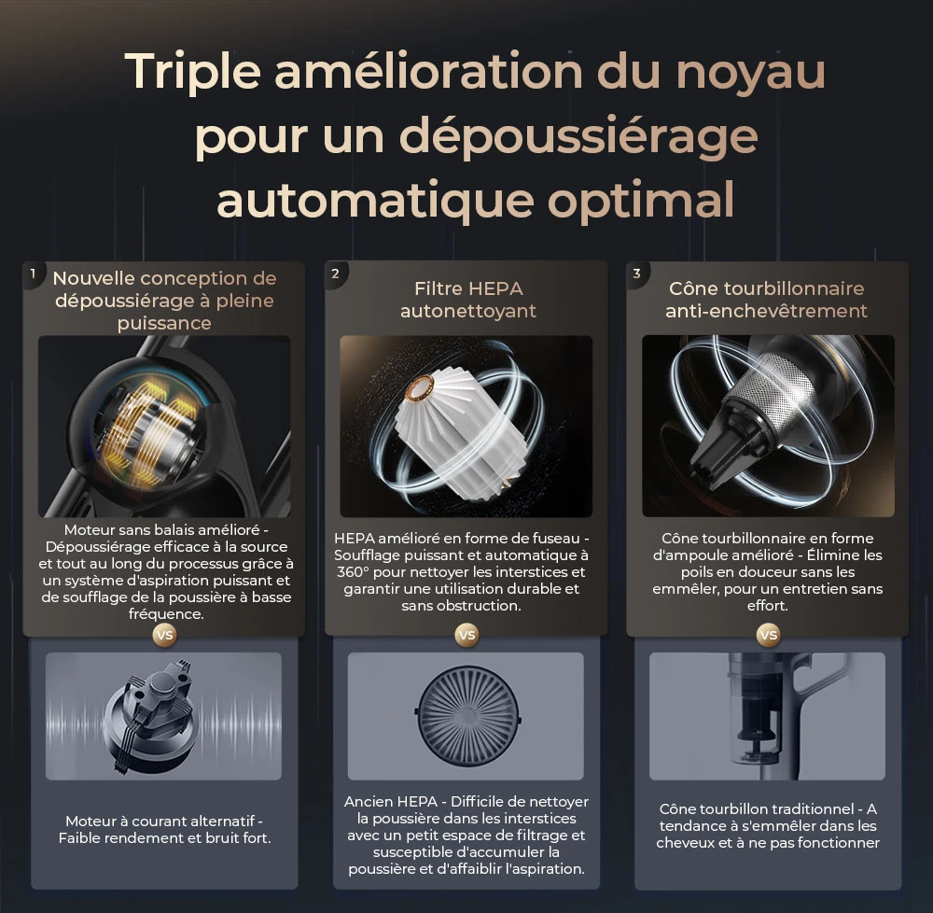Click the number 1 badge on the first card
point(33,274)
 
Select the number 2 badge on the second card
point(335,274)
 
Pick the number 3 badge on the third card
point(636,274)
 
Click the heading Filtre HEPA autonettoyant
point(467,300)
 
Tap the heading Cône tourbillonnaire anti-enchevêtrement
point(766,300)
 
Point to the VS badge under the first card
point(164,635)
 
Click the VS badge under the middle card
point(466,635)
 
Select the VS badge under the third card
point(768,635)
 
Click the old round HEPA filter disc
point(466,716)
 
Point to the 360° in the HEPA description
point(356,572)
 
